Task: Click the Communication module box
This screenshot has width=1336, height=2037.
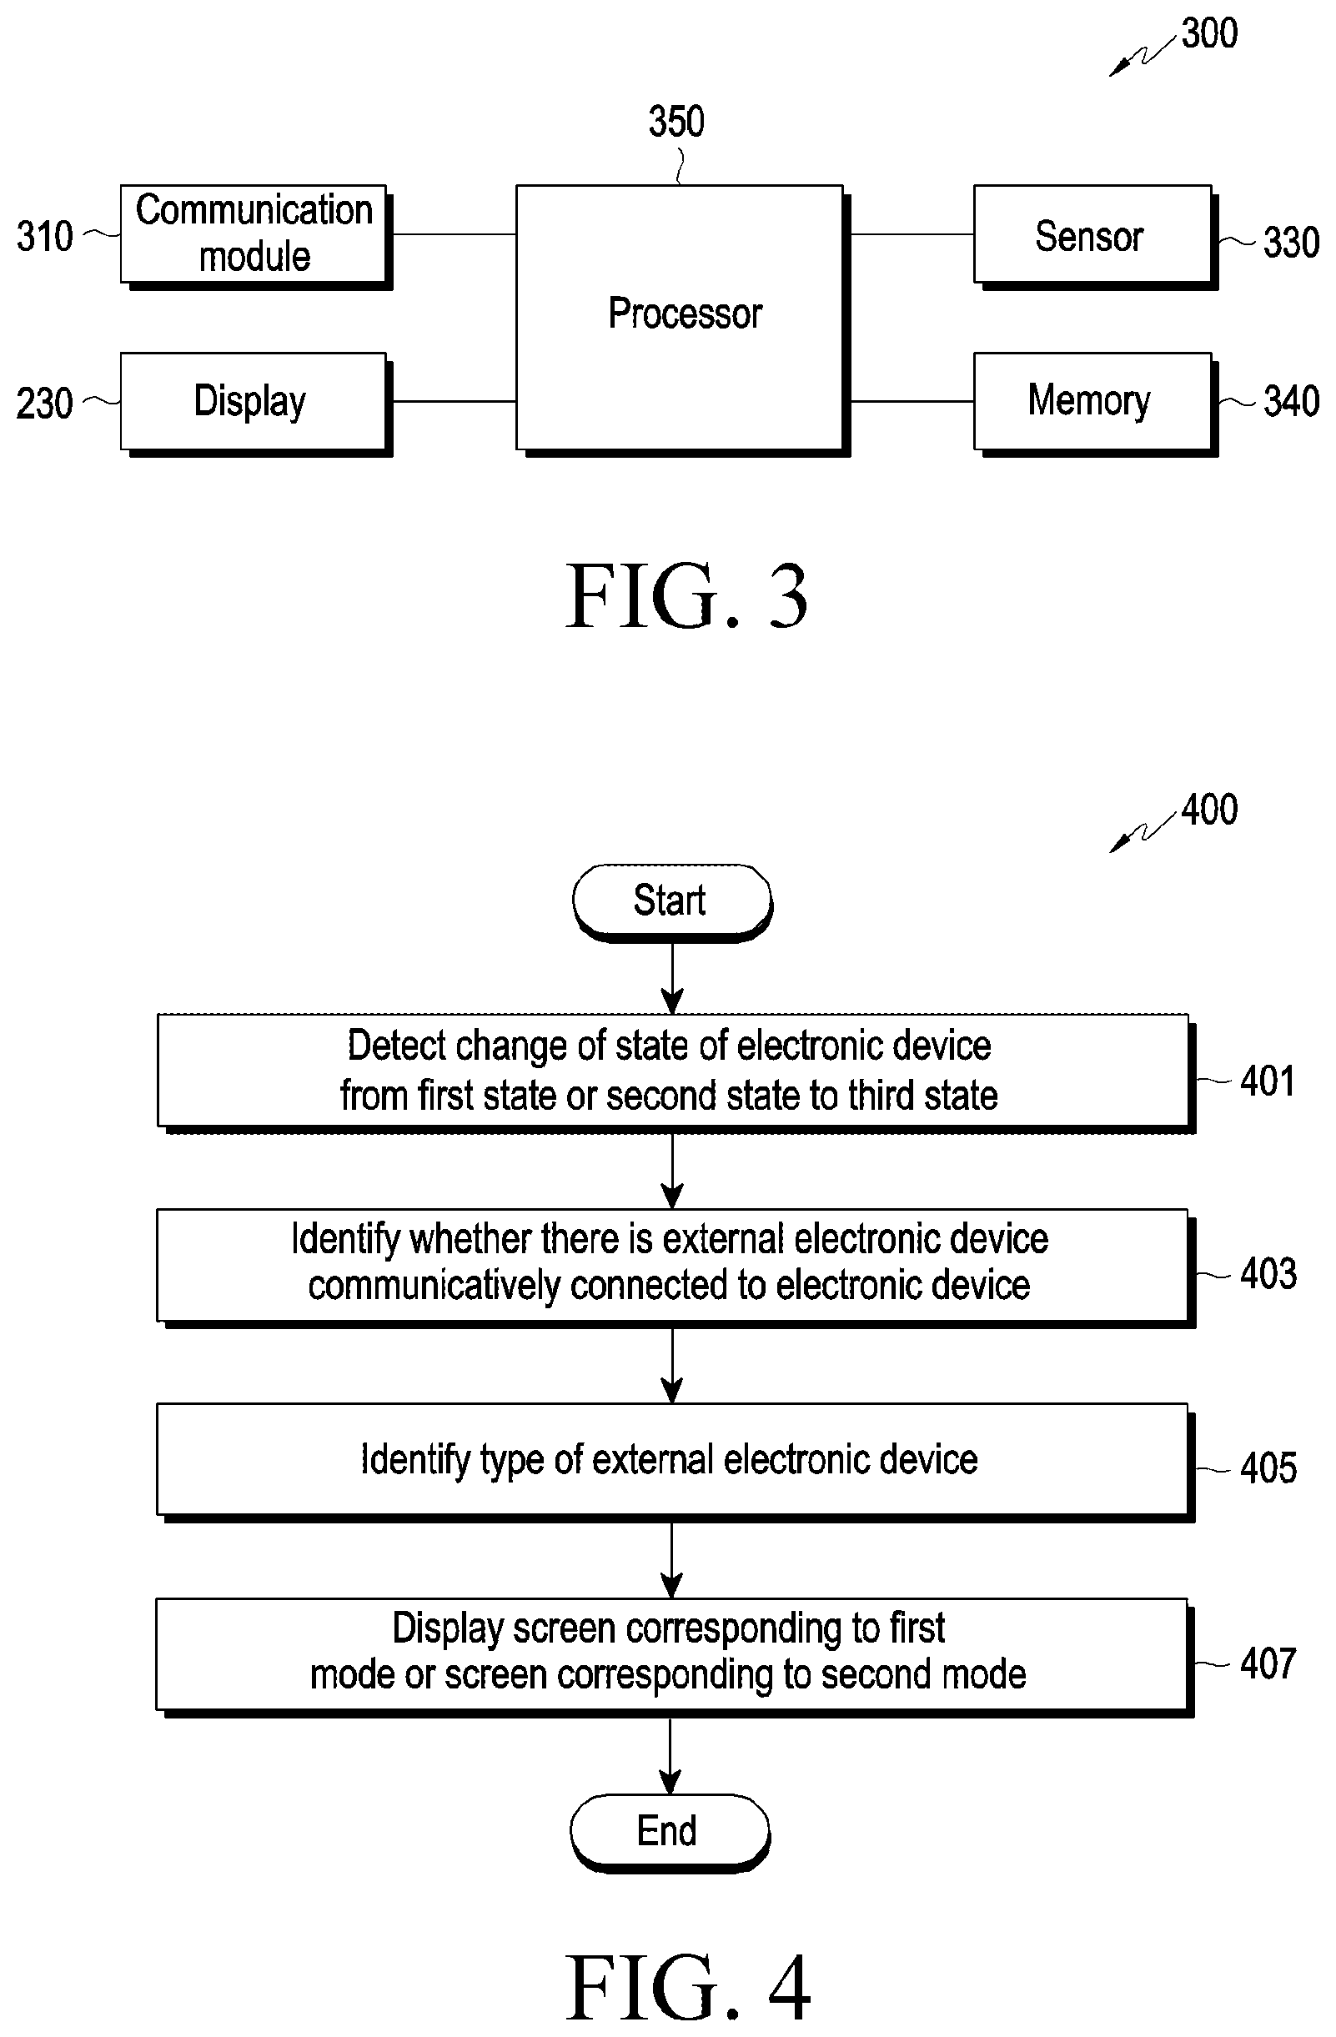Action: coord(256,236)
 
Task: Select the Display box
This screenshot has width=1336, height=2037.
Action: coord(256,403)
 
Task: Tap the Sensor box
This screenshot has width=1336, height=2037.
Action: coord(1096,236)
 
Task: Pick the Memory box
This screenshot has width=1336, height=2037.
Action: coord(1096,403)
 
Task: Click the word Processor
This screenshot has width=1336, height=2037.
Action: coord(685,314)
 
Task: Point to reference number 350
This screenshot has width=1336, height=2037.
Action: coord(676,122)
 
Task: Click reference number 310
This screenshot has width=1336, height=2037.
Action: coord(44,236)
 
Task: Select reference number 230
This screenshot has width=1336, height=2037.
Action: coord(44,403)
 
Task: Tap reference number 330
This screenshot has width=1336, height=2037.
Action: coord(1292,242)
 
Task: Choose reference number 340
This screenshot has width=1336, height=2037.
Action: coord(1292,401)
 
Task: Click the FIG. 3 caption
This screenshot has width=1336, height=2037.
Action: coord(687,595)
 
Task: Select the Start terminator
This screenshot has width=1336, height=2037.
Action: coord(673,904)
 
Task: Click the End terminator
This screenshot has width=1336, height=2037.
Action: coord(671,1834)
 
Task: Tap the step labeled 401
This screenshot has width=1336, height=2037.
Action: coord(676,1074)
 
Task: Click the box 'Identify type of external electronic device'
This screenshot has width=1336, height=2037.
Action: coord(676,1463)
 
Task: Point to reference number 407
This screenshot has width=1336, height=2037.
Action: coord(1268,1663)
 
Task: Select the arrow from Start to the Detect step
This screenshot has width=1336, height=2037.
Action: coord(673,978)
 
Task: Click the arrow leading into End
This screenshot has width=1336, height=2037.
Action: coord(671,1755)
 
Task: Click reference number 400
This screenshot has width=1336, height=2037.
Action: coord(1209,810)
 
